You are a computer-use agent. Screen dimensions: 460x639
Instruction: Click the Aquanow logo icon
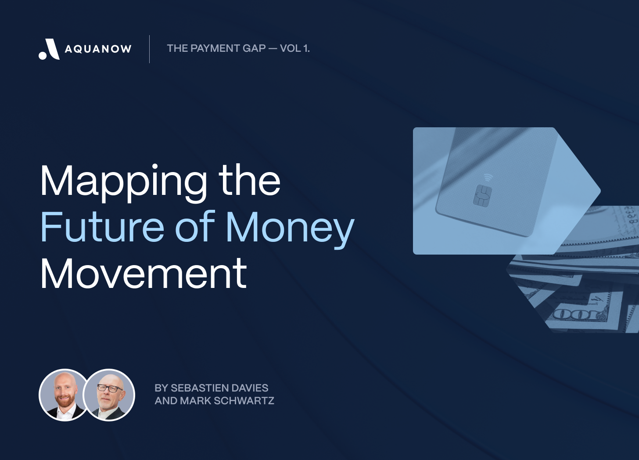pos(49,49)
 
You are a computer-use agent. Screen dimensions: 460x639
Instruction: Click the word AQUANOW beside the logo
pos(98,49)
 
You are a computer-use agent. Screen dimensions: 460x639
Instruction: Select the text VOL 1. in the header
pos(294,48)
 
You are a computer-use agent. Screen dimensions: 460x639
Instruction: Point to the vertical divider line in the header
pos(149,49)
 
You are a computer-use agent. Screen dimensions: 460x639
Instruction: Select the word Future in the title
pos(102,227)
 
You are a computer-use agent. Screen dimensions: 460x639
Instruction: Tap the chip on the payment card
pos(482,196)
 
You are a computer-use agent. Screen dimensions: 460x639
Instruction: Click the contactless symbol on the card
pos(488,177)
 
